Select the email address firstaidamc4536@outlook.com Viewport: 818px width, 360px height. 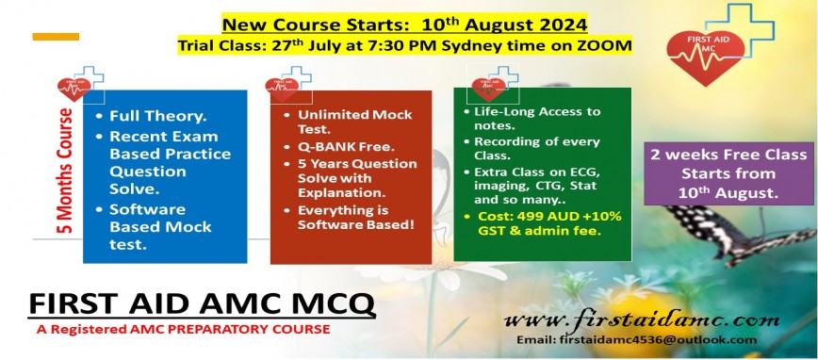click(636, 339)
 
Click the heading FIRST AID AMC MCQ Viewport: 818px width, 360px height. click(202, 304)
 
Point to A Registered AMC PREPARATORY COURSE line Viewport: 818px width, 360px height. click(184, 330)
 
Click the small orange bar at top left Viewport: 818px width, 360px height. click(55, 37)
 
